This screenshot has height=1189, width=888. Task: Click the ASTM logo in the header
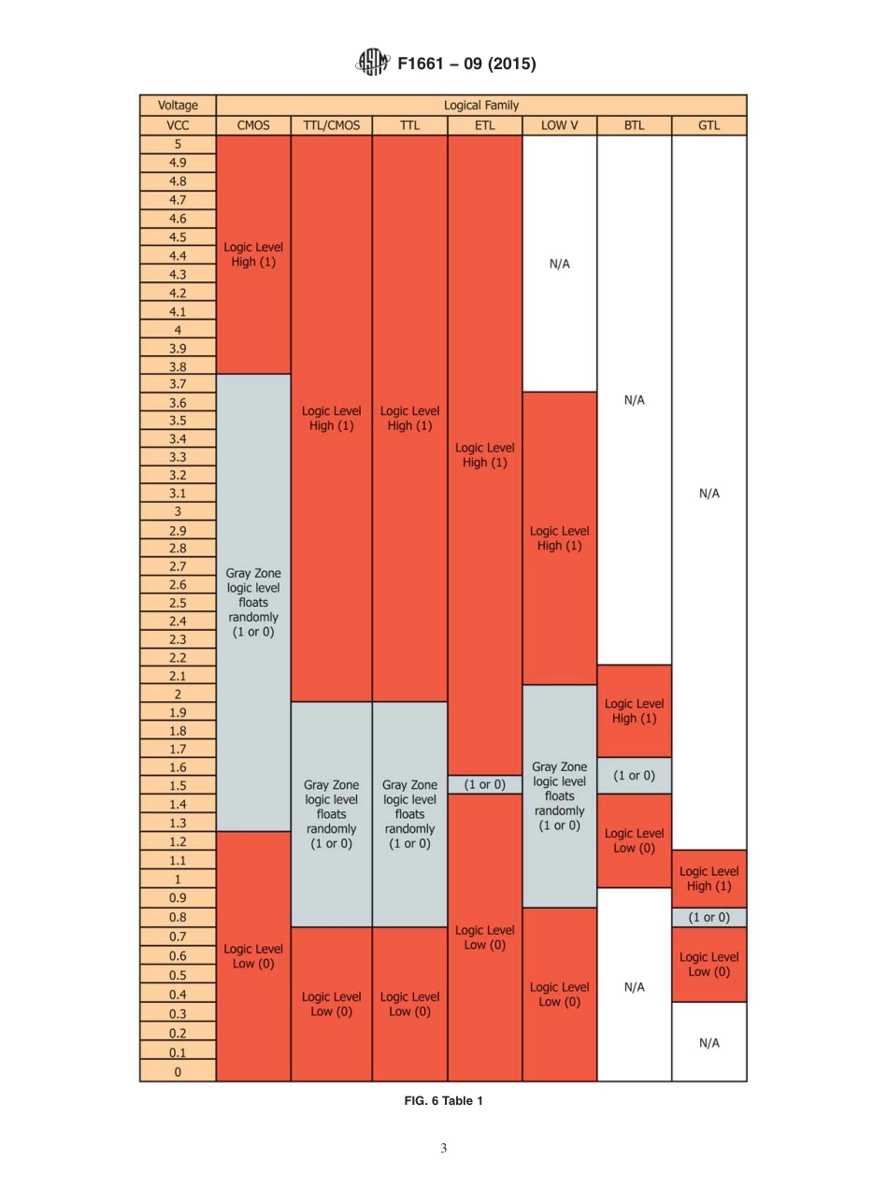click(x=373, y=63)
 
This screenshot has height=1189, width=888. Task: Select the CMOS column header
click(x=253, y=125)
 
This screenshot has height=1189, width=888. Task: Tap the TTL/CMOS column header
click(x=331, y=125)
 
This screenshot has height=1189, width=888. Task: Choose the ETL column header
click(x=484, y=125)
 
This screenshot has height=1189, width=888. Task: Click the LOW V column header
click(x=559, y=125)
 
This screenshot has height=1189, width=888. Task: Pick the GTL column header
click(x=709, y=125)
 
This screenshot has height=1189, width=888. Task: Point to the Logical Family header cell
click(x=480, y=106)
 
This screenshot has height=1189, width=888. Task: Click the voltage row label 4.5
click(x=178, y=237)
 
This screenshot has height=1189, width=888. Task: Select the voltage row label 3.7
click(x=178, y=384)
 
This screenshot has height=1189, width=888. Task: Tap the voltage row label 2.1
click(x=178, y=676)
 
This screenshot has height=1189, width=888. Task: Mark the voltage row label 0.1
click(x=178, y=1053)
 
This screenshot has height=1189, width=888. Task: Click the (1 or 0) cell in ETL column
click(x=484, y=785)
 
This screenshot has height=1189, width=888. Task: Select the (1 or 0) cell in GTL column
click(x=709, y=918)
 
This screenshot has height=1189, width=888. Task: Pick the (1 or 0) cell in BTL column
click(x=634, y=776)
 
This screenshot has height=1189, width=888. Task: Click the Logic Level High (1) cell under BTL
click(x=634, y=711)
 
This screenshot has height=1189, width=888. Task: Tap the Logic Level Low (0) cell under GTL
click(x=709, y=965)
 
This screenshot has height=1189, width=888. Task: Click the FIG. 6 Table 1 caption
click(x=443, y=1101)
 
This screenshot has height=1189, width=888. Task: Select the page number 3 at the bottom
click(x=444, y=1149)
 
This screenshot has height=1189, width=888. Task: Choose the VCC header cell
click(x=178, y=125)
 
